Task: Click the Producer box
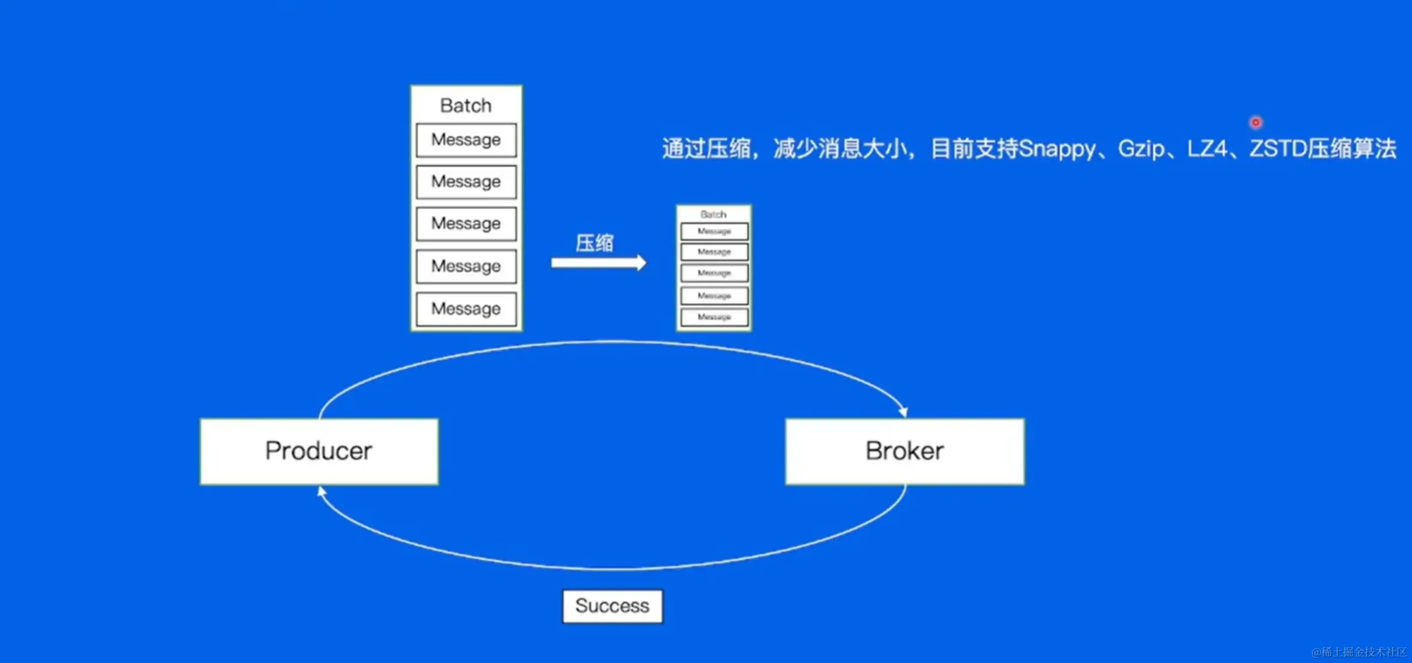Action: pos(319,451)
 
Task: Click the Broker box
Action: pos(904,451)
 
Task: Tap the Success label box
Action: pos(612,606)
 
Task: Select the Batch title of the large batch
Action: pos(466,106)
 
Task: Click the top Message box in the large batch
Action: pos(466,140)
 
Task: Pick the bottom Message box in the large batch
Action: pos(466,309)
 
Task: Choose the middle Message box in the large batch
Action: pos(466,224)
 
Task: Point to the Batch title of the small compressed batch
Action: pos(713,214)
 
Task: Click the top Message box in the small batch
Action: pos(714,231)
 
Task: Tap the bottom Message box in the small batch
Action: pos(714,317)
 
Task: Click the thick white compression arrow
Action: pos(598,262)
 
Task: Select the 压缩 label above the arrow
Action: pos(594,243)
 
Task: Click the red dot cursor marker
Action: pos(1255,123)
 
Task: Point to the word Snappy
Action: pos(1057,149)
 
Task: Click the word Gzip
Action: pos(1141,149)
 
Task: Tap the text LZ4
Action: pos(1207,149)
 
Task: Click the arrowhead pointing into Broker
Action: pos(903,411)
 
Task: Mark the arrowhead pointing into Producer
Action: pos(322,491)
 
